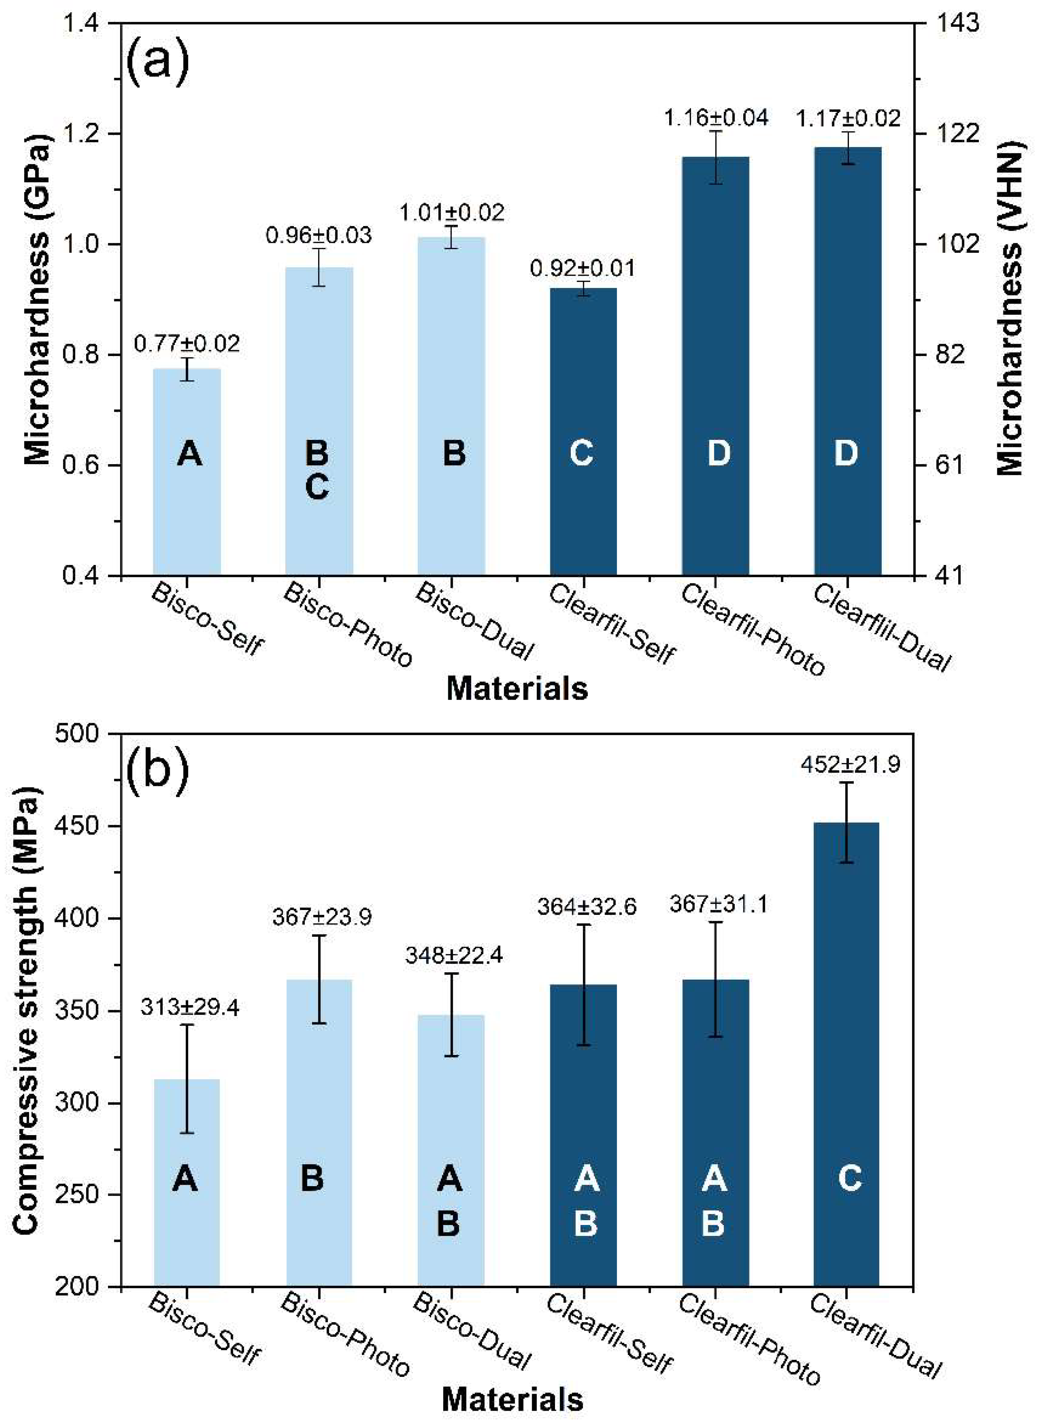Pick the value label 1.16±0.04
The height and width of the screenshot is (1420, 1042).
(716, 118)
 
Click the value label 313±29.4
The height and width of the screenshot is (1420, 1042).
(189, 1008)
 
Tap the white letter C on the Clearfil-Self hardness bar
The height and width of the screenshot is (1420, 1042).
(582, 453)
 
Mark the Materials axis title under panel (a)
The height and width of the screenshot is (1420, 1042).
(517, 688)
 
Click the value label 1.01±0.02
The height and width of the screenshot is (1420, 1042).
(451, 213)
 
